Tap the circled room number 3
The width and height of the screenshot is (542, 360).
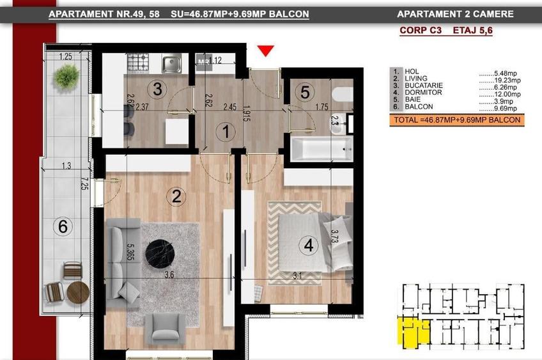pyautogui.click(x=157, y=88)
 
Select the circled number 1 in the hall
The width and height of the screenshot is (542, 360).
pyautogui.click(x=224, y=133)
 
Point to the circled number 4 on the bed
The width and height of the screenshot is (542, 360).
pyautogui.click(x=309, y=245)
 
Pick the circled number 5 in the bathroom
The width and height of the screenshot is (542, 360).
pyautogui.click(x=305, y=92)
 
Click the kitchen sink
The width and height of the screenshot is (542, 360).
pyautogui.click(x=171, y=63)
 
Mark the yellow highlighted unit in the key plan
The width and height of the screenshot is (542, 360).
pyautogui.click(x=409, y=332)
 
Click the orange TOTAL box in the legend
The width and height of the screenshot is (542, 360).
pyautogui.click(x=456, y=120)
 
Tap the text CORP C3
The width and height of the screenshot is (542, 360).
pyautogui.click(x=419, y=29)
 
